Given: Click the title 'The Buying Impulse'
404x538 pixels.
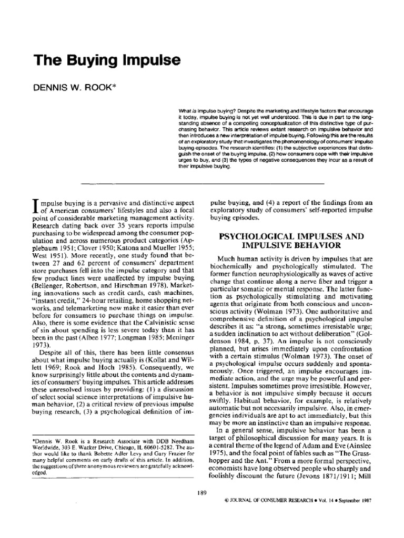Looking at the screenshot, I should tap(107, 60).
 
